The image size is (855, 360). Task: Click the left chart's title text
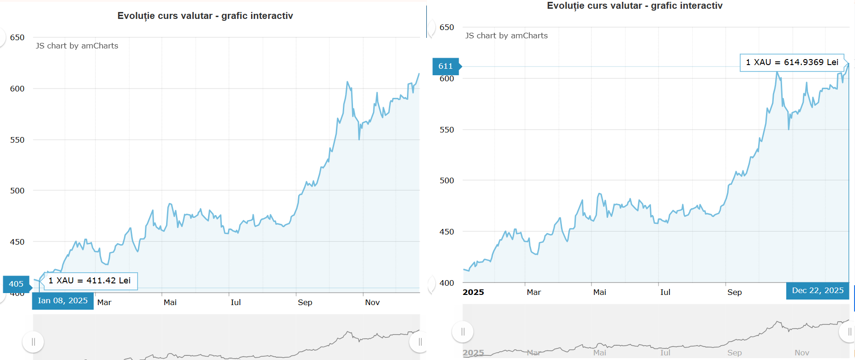[x=205, y=16]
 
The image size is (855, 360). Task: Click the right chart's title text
[x=634, y=6]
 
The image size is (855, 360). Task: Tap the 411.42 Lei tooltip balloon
[x=90, y=281]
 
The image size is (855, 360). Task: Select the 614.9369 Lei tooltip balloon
[x=792, y=62]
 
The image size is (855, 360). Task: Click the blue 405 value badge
[x=16, y=284]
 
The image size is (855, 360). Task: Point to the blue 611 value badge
[x=445, y=66]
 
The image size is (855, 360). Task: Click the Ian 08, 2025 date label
[x=63, y=300]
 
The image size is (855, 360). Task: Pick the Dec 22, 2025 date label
[x=818, y=290]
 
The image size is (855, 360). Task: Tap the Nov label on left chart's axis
[x=372, y=302]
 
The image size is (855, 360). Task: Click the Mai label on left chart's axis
[x=170, y=302]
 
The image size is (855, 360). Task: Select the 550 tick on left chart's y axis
[x=17, y=140]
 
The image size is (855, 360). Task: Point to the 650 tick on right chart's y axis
[x=447, y=27]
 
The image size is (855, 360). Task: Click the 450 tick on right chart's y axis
[x=447, y=232]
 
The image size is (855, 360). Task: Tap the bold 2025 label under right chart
[x=473, y=292]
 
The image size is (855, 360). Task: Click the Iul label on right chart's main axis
[x=665, y=292]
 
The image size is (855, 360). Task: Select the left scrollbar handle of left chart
[x=33, y=342]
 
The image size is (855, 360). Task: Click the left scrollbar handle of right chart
[x=463, y=332]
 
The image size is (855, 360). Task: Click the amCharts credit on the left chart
[x=77, y=46]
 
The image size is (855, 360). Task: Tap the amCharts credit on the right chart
[x=507, y=36]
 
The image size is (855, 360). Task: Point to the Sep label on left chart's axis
[x=305, y=302]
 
